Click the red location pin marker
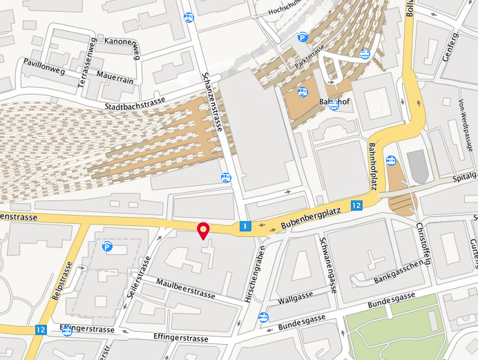[x=204, y=231]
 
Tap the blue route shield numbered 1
[x=245, y=226]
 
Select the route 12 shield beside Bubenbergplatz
[x=356, y=205]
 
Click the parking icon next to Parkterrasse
[x=303, y=38]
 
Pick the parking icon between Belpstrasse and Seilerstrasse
[x=107, y=247]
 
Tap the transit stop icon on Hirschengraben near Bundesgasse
[x=263, y=318]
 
